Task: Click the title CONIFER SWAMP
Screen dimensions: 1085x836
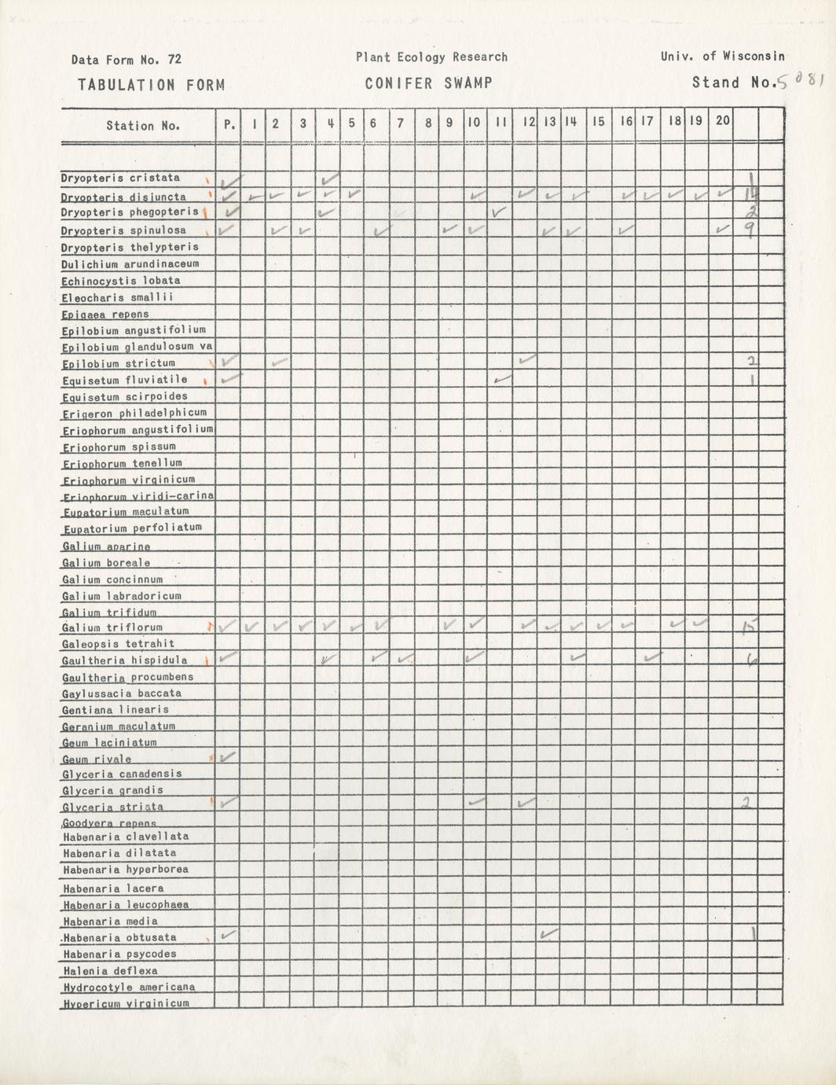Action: coord(428,83)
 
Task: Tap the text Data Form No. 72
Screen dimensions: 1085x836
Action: coord(126,60)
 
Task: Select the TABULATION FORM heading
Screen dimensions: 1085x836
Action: coord(151,85)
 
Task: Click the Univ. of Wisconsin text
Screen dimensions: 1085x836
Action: coord(722,57)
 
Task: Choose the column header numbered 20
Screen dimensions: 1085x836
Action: coord(723,121)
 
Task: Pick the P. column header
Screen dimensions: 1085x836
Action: coord(229,123)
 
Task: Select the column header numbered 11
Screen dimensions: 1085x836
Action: coord(500,123)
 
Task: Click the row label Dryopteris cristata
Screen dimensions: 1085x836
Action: coord(120,178)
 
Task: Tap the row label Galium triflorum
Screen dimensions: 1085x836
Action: coord(112,627)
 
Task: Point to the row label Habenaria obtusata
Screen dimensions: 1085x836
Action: coord(119,937)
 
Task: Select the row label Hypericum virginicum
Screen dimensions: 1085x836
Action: coord(126,1002)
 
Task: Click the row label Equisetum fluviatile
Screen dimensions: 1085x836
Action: coord(124,380)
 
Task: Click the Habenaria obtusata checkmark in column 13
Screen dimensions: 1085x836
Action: coord(549,933)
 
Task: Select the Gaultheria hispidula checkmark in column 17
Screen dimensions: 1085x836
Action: coord(648,657)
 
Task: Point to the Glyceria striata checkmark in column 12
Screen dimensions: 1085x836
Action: coord(526,803)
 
